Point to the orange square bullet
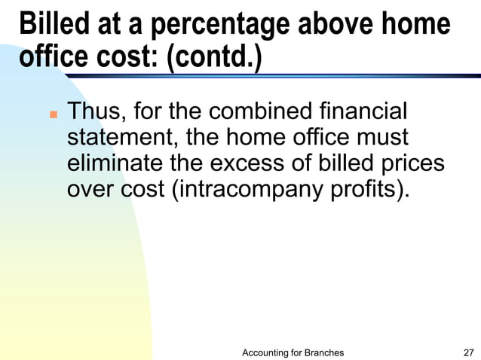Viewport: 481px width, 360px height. click(x=53, y=117)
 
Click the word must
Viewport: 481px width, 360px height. click(x=381, y=139)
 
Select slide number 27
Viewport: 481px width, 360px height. click(x=468, y=352)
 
